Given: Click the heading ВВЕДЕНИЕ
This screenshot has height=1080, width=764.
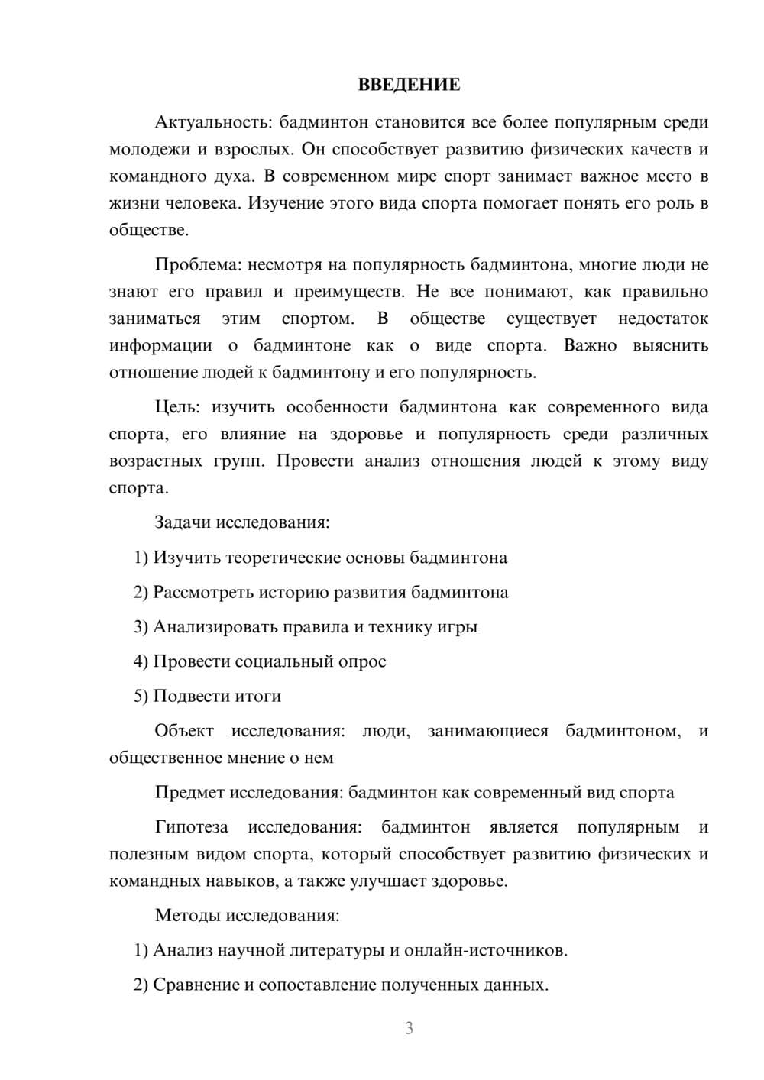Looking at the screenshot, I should point(409,85).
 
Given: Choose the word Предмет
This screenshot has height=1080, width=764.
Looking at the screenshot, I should point(186,792).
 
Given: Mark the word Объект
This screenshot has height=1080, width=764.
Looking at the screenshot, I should point(184,731).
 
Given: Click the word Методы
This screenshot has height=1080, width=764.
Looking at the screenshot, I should point(183,915).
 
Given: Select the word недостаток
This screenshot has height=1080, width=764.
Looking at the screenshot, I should point(662,319).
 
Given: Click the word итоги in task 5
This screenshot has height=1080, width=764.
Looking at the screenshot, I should point(257,697).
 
